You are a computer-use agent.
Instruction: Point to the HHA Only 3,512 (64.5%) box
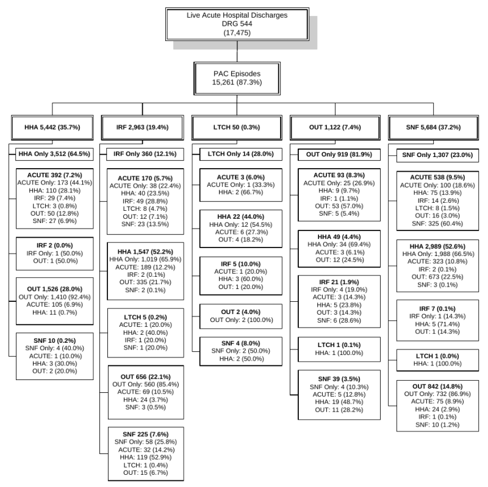point(54,154)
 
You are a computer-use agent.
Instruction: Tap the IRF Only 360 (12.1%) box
point(141,154)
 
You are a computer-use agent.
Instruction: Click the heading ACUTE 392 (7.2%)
point(52,175)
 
